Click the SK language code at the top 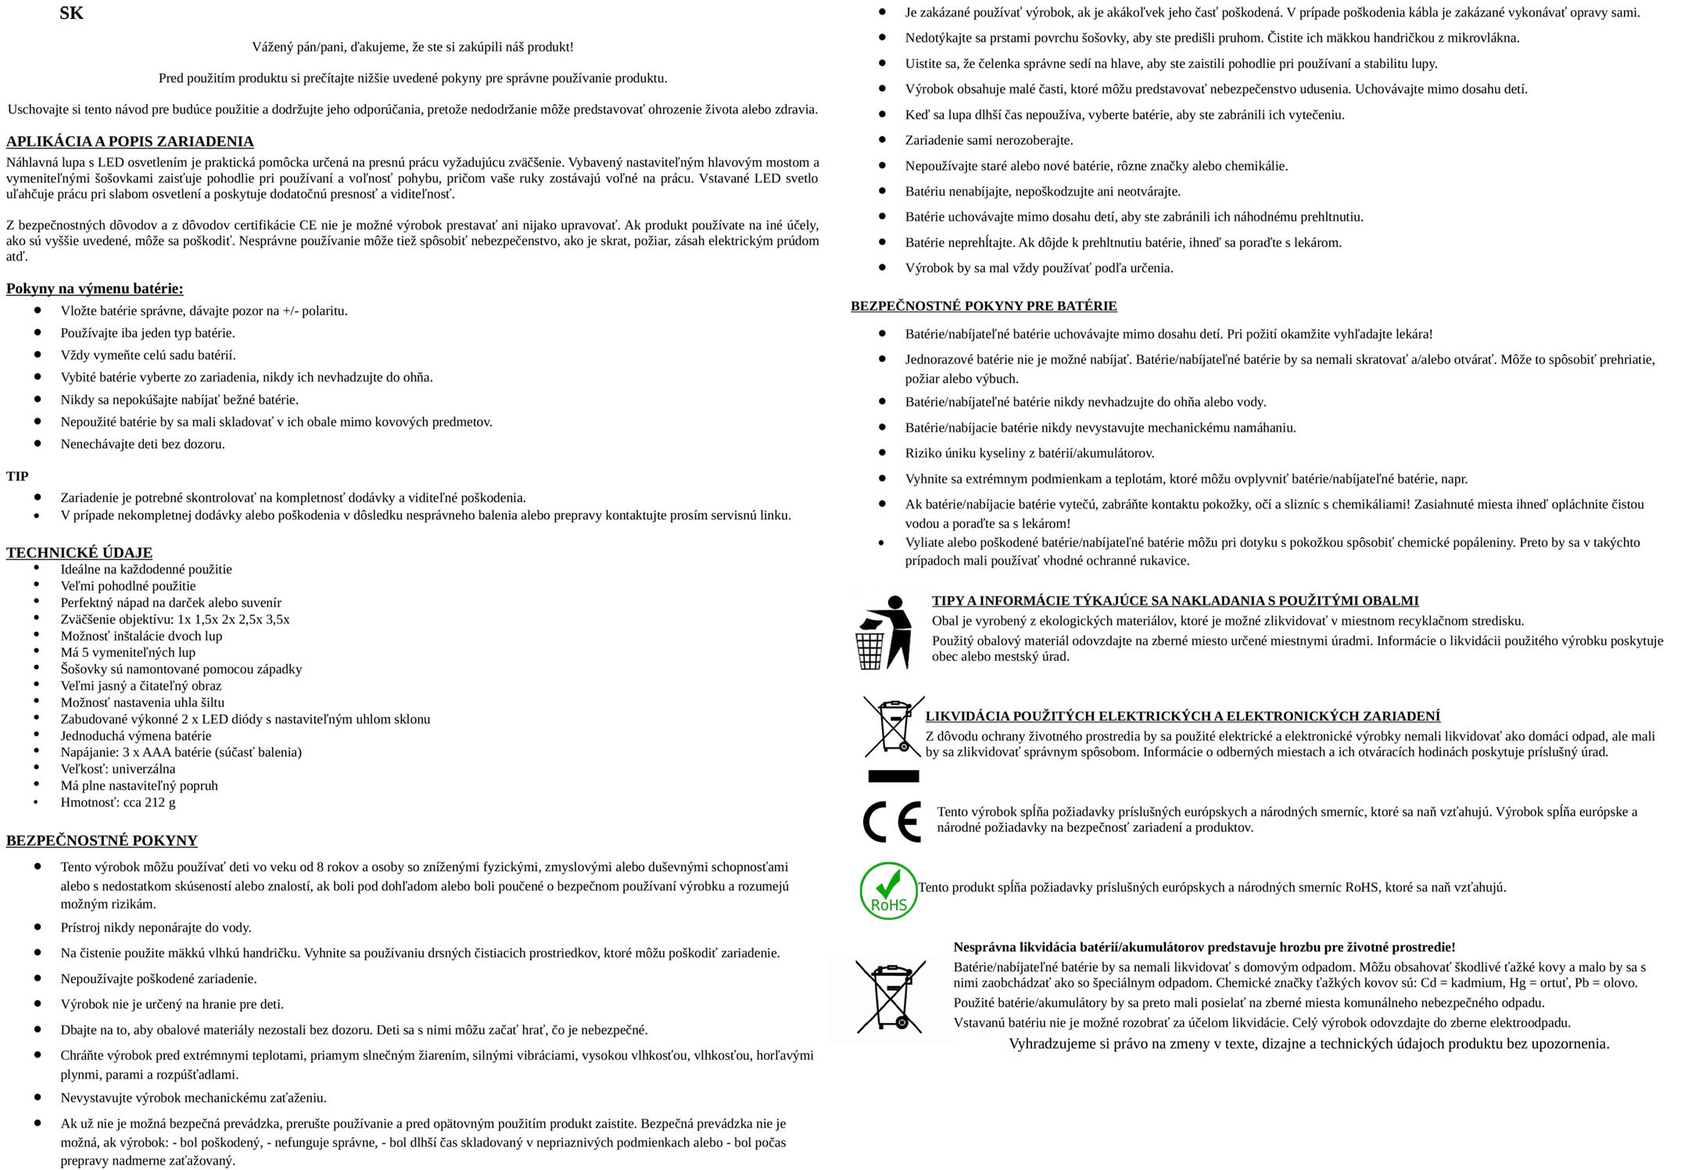(x=71, y=13)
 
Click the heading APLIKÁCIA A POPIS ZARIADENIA (x=130, y=142)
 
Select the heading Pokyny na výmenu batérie (x=95, y=289)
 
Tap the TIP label (x=17, y=476)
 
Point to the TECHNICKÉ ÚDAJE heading (x=79, y=552)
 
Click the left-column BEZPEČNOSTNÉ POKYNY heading (x=102, y=841)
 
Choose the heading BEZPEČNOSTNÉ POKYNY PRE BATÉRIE (x=984, y=306)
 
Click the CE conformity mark (x=891, y=821)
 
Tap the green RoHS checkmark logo (x=888, y=891)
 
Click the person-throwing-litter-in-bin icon (x=884, y=632)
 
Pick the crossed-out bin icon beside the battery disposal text (x=891, y=996)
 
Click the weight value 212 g (x=159, y=802)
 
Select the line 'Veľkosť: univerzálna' (x=118, y=769)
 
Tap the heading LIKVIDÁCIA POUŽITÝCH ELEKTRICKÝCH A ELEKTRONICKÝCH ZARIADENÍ (x=1182, y=716)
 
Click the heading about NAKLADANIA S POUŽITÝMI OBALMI (x=1174, y=601)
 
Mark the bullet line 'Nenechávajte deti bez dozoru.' (x=142, y=444)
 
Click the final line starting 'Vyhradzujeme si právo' (x=1308, y=1044)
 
